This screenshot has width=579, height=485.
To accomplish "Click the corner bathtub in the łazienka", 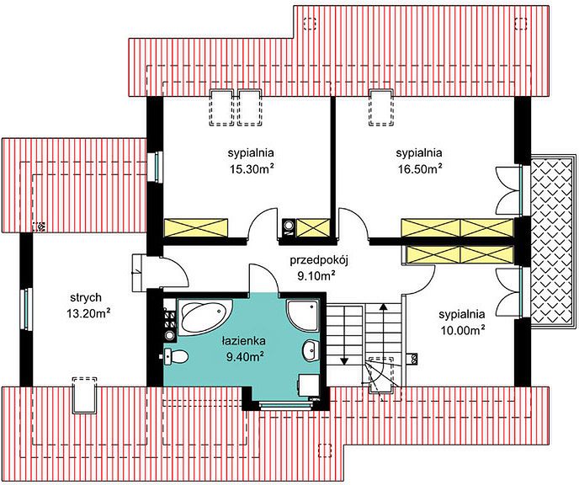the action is [205, 317].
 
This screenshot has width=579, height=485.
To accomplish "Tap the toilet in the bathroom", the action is [176, 357].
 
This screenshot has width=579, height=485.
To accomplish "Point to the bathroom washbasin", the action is [311, 349].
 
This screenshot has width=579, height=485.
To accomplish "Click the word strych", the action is [86, 298].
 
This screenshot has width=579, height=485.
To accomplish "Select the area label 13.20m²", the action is [88, 313].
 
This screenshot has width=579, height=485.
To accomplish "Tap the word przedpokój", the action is [320, 261].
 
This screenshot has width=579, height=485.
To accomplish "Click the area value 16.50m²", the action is [420, 168].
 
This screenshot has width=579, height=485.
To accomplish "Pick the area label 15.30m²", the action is [252, 168].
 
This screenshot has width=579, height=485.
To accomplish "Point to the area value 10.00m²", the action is [463, 330].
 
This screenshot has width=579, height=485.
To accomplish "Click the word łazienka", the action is [243, 340].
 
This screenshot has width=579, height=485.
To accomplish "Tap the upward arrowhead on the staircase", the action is [384, 306].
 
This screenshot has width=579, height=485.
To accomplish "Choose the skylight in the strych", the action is [85, 395].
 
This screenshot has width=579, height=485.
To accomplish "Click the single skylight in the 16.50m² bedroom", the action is [381, 108].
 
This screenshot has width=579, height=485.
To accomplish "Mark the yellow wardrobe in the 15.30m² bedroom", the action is [196, 227].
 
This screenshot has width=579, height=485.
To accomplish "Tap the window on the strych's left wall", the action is [26, 308].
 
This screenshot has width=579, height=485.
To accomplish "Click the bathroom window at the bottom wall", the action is [286, 406].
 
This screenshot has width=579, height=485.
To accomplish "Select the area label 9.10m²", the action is [316, 276].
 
